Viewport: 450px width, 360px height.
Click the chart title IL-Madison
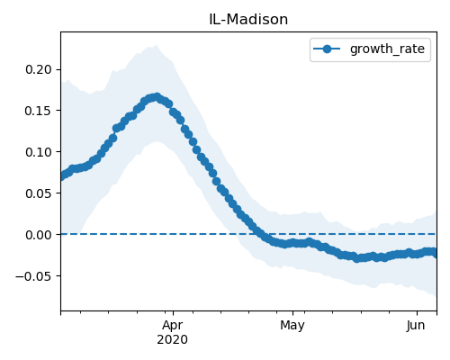click(x=248, y=20)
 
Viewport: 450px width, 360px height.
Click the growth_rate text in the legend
click(x=387, y=49)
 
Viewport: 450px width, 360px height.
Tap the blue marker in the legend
click(x=327, y=49)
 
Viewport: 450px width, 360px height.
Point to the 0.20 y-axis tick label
click(x=39, y=69)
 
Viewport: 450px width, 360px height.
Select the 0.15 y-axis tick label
click(x=39, y=111)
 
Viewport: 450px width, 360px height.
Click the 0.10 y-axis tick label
click(x=39, y=152)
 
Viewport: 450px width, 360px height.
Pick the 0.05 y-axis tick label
click(x=39, y=193)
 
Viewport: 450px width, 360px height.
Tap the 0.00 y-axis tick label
click(x=39, y=235)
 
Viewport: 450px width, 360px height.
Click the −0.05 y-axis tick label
click(x=34, y=276)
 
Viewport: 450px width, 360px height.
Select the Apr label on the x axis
click(x=173, y=326)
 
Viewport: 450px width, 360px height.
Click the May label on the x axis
click(x=292, y=326)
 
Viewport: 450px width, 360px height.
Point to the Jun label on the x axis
click(x=416, y=325)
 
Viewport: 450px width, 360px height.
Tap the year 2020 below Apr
click(x=173, y=339)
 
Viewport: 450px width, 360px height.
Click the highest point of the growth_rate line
click(x=157, y=97)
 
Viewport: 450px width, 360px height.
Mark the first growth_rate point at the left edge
click(x=62, y=176)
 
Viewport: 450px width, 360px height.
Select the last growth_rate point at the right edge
click(x=435, y=253)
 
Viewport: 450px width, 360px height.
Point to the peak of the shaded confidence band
click(x=156, y=45)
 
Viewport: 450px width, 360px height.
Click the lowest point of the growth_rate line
click(x=356, y=258)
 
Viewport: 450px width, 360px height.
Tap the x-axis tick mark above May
click(x=292, y=313)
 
